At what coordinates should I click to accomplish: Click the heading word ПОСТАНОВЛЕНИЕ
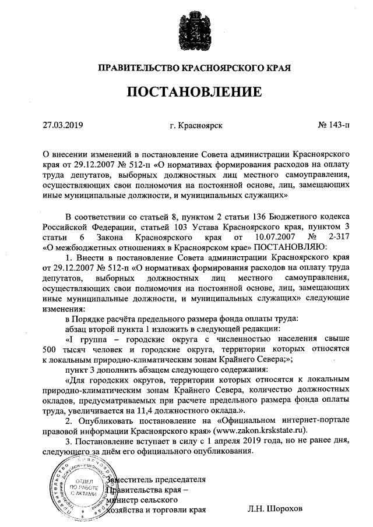tap(186, 92)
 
